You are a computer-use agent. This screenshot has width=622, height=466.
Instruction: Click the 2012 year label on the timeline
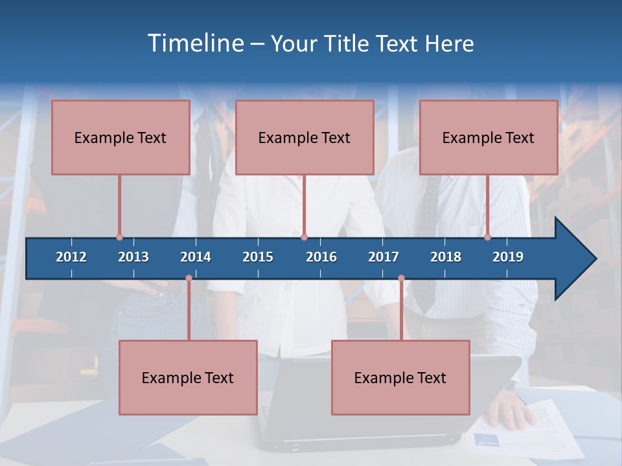(x=71, y=257)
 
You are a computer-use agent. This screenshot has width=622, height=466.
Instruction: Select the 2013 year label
(x=133, y=257)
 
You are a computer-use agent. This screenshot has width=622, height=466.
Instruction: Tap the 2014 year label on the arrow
(x=196, y=257)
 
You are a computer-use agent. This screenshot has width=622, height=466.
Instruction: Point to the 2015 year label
(x=258, y=257)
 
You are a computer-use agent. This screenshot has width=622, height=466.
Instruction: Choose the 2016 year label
(x=321, y=257)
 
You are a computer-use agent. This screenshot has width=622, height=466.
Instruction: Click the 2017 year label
(x=384, y=257)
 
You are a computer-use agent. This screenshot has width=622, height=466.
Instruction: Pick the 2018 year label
(x=446, y=257)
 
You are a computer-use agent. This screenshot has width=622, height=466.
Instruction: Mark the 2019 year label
(x=508, y=257)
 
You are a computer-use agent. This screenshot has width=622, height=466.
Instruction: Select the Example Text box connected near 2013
(x=121, y=137)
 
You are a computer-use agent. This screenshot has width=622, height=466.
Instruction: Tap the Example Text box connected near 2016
(x=305, y=137)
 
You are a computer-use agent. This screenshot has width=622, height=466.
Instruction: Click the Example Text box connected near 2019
(x=489, y=137)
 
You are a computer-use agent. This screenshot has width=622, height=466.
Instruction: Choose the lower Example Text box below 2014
(x=188, y=377)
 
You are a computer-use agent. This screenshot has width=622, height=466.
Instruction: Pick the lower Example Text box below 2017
(x=400, y=377)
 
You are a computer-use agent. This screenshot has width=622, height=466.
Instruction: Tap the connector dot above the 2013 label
(x=119, y=238)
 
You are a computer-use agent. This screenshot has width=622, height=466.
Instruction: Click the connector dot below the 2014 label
(x=189, y=278)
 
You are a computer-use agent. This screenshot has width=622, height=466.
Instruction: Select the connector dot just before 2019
(x=487, y=238)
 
